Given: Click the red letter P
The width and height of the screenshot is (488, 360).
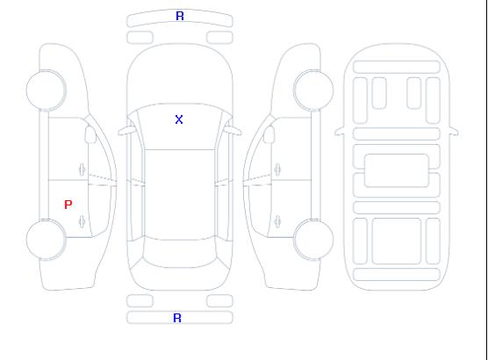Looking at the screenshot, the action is [68, 205].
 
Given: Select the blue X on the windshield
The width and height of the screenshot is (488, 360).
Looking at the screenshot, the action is [179, 119].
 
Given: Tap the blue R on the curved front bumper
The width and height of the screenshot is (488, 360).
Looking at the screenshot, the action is [180, 16].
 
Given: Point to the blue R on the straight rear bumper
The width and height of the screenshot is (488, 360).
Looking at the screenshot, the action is [177, 318].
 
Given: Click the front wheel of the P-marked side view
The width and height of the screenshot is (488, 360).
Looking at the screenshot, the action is [46, 90].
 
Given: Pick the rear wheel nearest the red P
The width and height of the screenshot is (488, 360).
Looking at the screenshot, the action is [46, 240].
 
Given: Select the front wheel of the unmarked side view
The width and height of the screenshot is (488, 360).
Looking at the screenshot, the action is [313, 90].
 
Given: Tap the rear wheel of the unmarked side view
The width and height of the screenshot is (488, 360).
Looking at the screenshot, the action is [313, 240].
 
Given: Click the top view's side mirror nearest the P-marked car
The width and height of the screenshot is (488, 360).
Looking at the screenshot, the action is [126, 131].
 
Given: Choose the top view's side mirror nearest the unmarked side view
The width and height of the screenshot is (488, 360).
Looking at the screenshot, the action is [233, 131].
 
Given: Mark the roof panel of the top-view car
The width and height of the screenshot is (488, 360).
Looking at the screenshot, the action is [180, 195].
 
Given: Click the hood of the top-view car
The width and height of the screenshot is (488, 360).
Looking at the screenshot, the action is [180, 75].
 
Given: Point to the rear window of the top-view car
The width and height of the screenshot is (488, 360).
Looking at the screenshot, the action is [180, 253].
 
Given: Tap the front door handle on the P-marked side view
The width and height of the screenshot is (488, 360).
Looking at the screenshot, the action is [82, 169].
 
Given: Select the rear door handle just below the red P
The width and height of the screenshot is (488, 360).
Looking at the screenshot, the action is [82, 221].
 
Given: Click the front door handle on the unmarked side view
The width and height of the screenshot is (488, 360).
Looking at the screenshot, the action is [277, 169].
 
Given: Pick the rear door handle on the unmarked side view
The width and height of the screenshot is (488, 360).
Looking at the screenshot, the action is [277, 221].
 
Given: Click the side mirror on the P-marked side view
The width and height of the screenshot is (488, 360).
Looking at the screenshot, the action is [90, 134].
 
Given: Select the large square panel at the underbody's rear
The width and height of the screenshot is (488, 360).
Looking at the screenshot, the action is [397, 241].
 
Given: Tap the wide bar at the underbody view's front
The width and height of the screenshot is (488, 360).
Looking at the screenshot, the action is [397, 67].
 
